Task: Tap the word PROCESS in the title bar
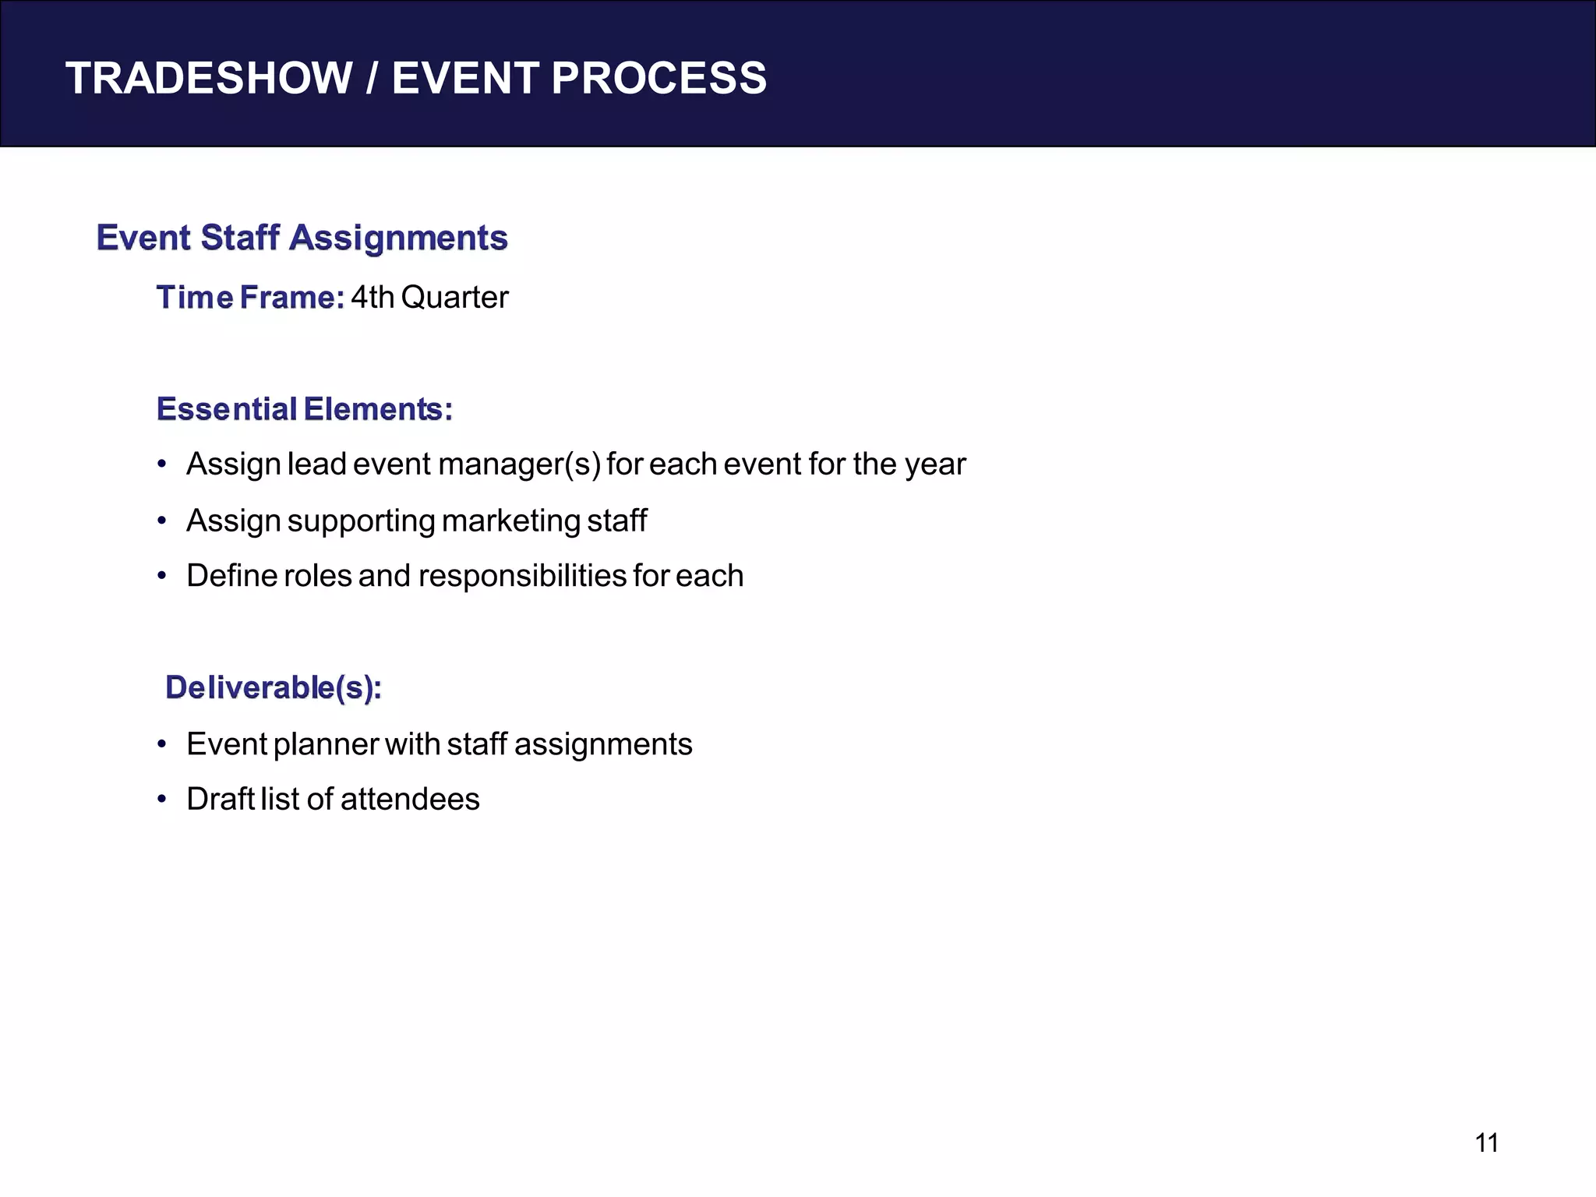[x=659, y=79]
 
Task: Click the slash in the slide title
[x=372, y=79]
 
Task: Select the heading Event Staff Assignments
[x=302, y=238]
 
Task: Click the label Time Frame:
[x=250, y=298]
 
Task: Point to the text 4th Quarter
[x=429, y=298]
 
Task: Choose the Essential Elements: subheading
[x=304, y=409]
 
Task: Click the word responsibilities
[x=523, y=577]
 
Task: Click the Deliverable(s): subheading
[x=274, y=687]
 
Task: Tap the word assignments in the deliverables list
[x=603, y=745]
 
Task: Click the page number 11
[x=1487, y=1143]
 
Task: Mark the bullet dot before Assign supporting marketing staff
[x=162, y=521]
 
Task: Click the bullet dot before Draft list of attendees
[x=162, y=800]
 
